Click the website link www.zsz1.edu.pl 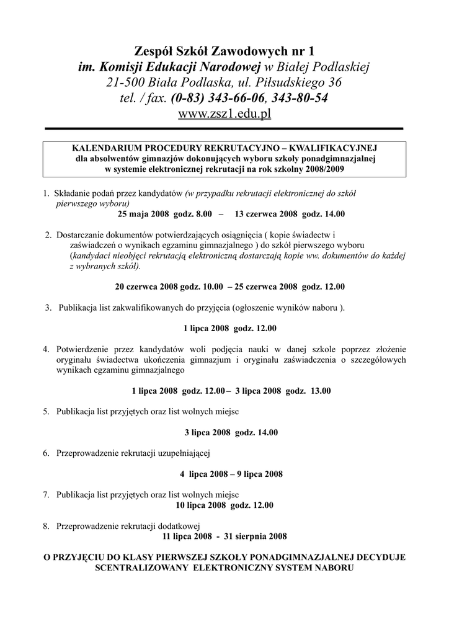(225, 114)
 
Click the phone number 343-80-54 (300, 98)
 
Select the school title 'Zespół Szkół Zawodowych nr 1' (225, 50)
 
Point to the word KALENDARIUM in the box (107, 149)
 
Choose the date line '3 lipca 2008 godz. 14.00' (231, 432)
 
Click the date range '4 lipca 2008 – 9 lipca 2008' (231, 474)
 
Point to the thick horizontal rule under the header (225, 128)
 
